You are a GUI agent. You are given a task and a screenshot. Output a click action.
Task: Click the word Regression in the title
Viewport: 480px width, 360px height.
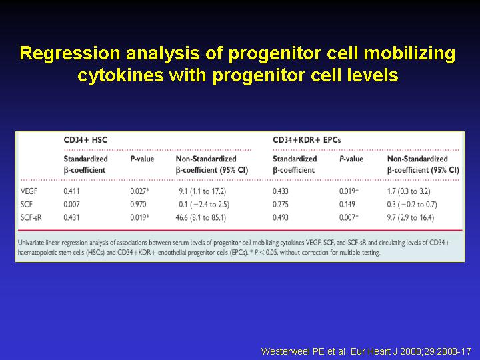coord(70,53)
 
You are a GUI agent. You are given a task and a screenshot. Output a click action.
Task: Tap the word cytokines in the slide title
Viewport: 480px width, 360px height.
coord(121,75)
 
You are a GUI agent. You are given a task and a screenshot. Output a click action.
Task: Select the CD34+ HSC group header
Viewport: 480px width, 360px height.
coord(85,140)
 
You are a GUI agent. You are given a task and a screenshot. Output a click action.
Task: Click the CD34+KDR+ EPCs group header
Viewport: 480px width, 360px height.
coord(307,140)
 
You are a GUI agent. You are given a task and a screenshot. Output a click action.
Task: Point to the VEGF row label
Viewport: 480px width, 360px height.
coord(29,191)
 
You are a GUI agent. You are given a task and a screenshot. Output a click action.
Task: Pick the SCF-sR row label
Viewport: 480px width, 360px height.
coord(31,217)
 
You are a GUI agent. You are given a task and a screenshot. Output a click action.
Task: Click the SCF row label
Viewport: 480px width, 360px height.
coord(26,205)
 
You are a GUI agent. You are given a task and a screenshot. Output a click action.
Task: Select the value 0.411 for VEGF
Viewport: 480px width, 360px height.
coord(71,191)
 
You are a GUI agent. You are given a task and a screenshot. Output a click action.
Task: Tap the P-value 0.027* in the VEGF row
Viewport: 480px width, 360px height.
coord(139,191)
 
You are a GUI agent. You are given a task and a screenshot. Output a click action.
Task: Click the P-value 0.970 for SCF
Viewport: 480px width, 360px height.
coord(138,205)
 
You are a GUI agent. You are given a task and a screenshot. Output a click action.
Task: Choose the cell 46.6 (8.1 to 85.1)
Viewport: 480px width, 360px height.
coord(201,217)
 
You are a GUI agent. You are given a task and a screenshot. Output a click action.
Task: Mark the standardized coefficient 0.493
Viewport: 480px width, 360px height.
coord(281,217)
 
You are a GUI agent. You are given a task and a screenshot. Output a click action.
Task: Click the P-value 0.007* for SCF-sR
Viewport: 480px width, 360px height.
coord(349,217)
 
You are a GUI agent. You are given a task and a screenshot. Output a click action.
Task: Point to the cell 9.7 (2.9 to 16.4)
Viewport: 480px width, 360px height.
coord(411,217)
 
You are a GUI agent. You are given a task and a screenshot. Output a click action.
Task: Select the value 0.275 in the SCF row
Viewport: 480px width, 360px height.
coord(281,205)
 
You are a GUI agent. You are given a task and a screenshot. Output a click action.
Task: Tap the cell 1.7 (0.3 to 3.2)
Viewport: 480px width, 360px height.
coord(409,191)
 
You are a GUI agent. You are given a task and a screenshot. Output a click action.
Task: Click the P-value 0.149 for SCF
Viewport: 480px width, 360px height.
coord(347,205)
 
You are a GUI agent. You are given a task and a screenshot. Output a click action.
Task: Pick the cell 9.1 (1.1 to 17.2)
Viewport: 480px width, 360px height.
coord(203,191)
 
